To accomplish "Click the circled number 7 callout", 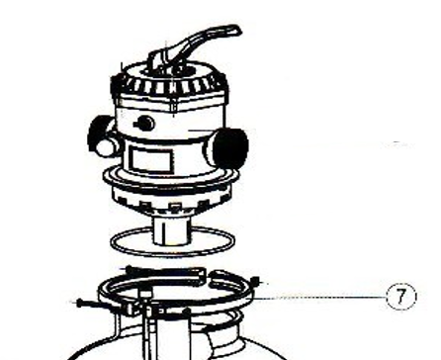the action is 400,296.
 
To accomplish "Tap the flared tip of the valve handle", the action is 235,30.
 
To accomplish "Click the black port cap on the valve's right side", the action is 230,146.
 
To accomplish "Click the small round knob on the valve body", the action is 145,124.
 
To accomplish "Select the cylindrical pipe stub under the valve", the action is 171,230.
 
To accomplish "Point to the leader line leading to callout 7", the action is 319,298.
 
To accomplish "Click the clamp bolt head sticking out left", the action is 80,302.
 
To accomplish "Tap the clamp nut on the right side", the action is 255,281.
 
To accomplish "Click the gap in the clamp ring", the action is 207,276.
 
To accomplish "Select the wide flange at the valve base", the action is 171,180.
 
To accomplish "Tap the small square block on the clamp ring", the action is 145,294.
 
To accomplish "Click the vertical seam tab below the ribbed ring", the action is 173,105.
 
